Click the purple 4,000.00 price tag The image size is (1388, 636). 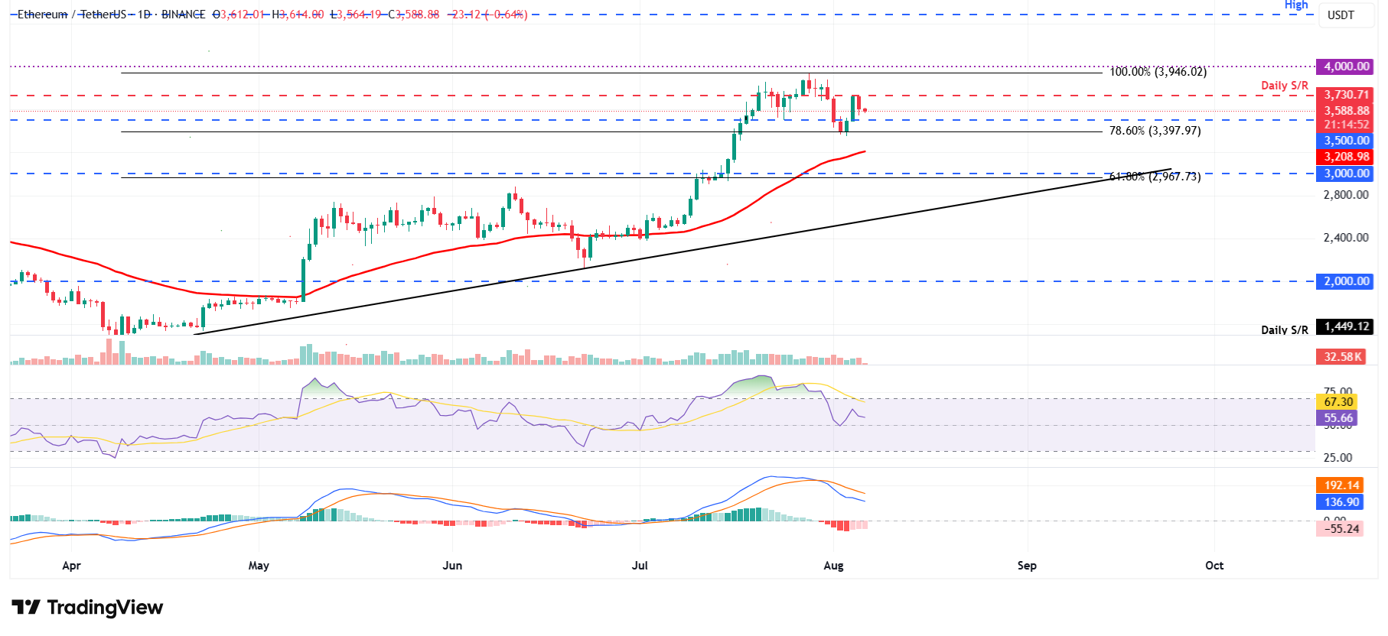click(x=1344, y=67)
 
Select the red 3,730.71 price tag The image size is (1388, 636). click(x=1344, y=95)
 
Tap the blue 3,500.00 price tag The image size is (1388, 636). click(x=1344, y=141)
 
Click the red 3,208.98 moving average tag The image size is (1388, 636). click(x=1344, y=157)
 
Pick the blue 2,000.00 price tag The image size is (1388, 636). click(x=1344, y=281)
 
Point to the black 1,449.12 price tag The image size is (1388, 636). click(x=1344, y=326)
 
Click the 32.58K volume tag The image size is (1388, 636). click(x=1341, y=357)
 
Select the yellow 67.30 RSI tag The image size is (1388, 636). click(x=1337, y=402)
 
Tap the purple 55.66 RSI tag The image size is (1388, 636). click(x=1337, y=418)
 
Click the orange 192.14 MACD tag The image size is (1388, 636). click(x=1341, y=485)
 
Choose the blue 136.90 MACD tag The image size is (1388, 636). click(x=1341, y=502)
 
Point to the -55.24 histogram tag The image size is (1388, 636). click(x=1341, y=529)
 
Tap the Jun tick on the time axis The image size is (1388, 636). click(x=452, y=566)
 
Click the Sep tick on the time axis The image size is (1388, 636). click(x=1027, y=566)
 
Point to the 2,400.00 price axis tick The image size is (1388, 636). click(x=1345, y=238)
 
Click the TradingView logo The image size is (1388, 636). click(x=87, y=608)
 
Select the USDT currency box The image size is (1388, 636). click(x=1341, y=15)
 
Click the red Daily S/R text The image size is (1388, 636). click(x=1285, y=86)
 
